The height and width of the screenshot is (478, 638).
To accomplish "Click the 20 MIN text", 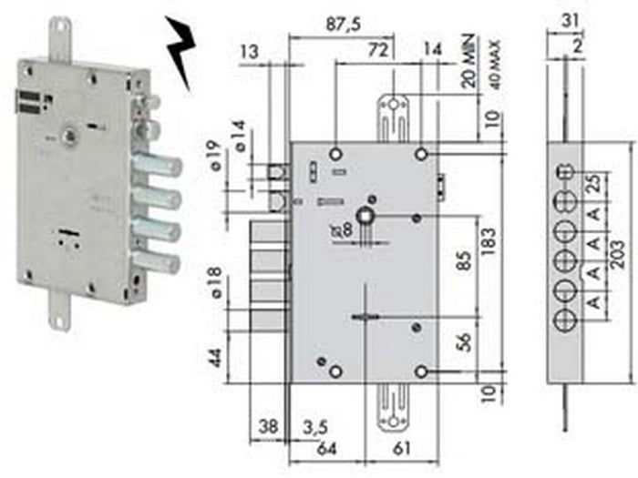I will pyautogui.click(x=472, y=65).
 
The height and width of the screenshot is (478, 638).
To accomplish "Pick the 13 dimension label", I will pyautogui.click(x=248, y=53).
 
